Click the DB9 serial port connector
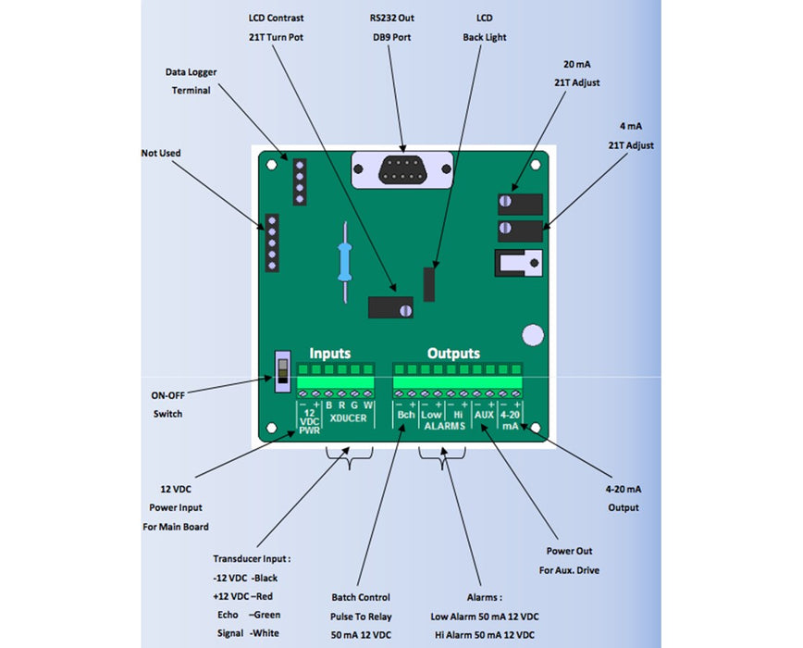402,170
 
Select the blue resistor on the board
344,261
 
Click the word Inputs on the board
330,354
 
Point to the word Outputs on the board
453,354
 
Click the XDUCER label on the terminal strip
347,418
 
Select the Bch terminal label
405,416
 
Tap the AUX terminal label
484,416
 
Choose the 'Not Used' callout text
161,153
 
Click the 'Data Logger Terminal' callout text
191,81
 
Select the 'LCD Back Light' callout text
485,28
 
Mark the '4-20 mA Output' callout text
624,497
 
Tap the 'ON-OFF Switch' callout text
167,405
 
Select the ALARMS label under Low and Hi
444,427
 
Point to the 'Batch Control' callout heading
361,597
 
